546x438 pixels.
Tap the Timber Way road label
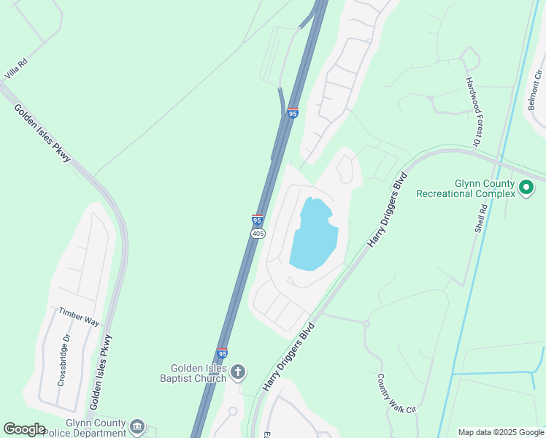point(79,316)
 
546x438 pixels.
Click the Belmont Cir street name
point(537,90)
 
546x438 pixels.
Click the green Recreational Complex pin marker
point(526,189)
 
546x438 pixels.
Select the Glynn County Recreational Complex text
point(465,189)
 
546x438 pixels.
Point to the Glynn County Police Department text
point(84,427)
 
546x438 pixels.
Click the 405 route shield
point(258,233)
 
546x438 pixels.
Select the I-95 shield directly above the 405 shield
point(257,220)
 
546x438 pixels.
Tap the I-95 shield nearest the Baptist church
point(222,353)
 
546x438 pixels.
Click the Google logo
point(24,429)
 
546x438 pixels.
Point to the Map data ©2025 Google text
point(500,432)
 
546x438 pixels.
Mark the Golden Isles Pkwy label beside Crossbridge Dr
point(101,372)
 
